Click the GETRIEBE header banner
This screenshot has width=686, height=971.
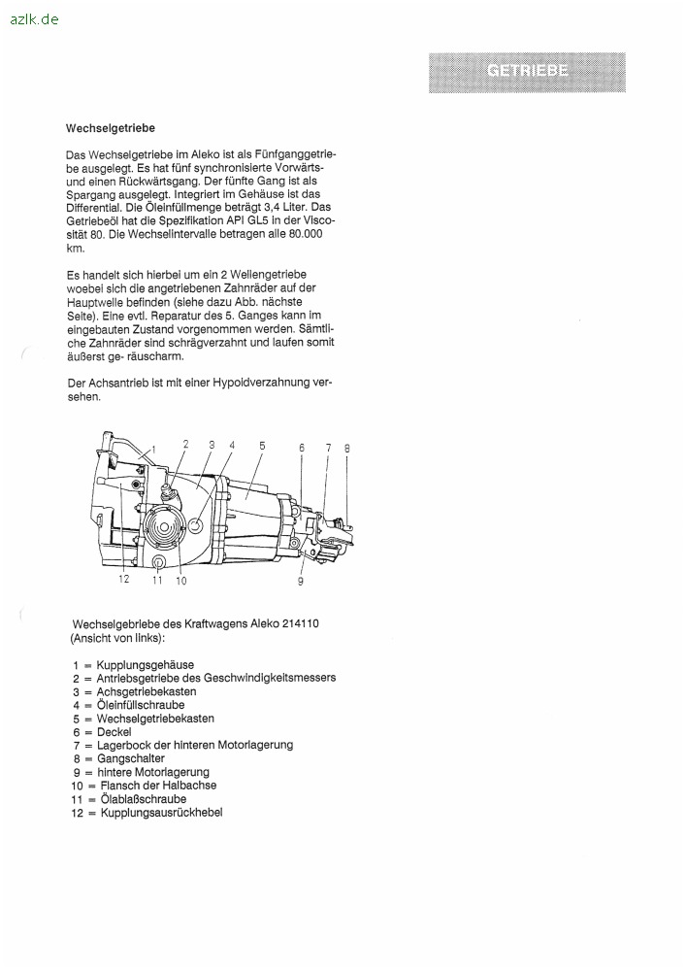coord(527,72)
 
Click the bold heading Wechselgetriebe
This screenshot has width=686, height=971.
coord(111,128)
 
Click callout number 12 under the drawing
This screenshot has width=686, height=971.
coord(124,580)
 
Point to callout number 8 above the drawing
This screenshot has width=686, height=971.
coord(346,448)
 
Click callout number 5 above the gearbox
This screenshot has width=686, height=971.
coord(262,445)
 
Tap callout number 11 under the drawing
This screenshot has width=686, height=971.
coord(157,581)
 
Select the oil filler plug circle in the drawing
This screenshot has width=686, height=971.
coord(195,527)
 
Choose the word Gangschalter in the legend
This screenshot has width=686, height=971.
coord(131,758)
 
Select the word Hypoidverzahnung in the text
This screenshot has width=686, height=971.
coord(257,383)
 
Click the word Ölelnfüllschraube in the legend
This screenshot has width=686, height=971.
coord(141,705)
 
